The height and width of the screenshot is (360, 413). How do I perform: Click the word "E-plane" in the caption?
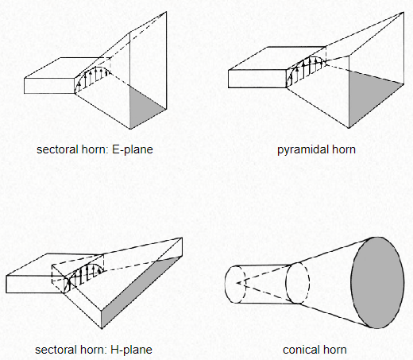click(x=133, y=149)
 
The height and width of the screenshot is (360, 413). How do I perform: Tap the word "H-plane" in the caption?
click(x=131, y=350)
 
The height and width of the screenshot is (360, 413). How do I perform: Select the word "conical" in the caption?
click(x=300, y=350)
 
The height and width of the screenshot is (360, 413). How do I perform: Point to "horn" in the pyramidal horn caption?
click(x=343, y=149)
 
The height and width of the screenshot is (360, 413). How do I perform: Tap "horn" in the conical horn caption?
click(x=334, y=350)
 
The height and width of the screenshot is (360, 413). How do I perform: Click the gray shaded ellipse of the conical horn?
click(x=377, y=283)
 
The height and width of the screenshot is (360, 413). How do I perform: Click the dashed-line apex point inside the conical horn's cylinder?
click(x=237, y=283)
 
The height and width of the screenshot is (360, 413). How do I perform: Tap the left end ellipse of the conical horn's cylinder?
click(x=225, y=284)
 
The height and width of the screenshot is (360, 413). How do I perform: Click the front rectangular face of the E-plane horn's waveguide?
click(x=49, y=86)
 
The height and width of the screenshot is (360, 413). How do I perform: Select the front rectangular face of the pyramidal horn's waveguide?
click(x=257, y=79)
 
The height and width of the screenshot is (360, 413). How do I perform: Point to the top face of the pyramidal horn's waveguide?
click(x=277, y=58)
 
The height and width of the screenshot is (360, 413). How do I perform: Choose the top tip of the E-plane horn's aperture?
click(x=166, y=12)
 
